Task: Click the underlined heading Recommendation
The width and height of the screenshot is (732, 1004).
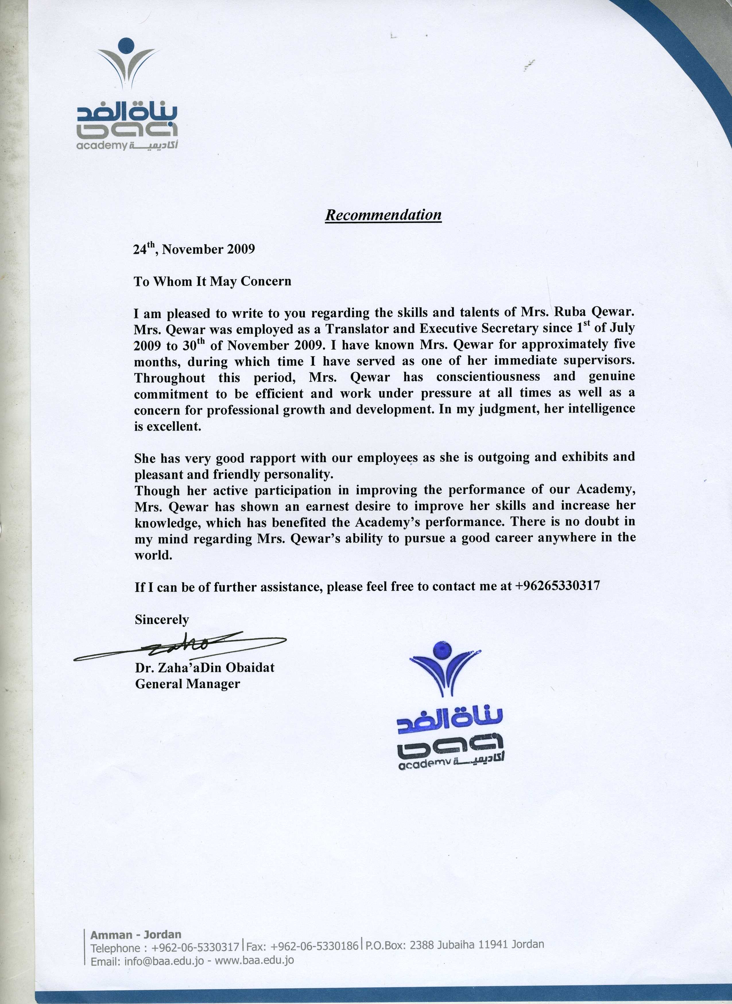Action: [x=383, y=215]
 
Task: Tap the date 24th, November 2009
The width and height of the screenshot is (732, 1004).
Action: [x=194, y=249]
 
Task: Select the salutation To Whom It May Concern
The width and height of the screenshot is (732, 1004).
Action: [x=213, y=282]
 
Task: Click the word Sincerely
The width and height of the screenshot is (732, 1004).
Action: [x=162, y=619]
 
